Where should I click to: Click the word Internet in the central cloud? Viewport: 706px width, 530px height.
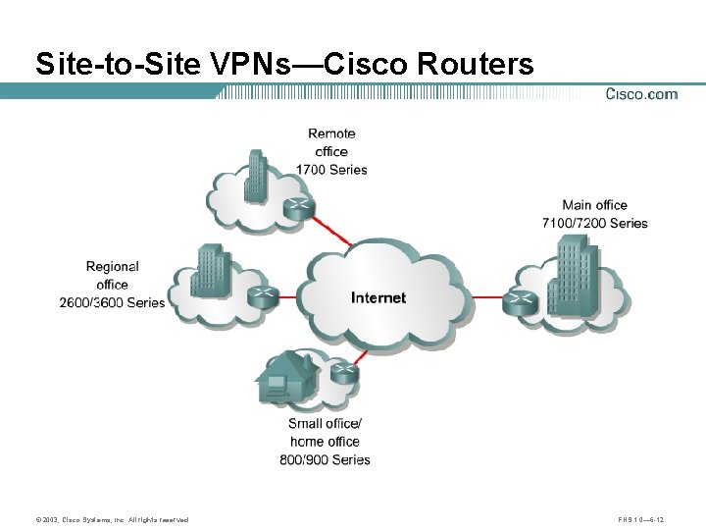[x=378, y=297]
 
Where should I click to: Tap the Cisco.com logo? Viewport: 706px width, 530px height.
[x=641, y=94]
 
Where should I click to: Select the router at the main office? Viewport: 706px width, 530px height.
[x=518, y=302]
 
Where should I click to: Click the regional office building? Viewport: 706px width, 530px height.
[x=210, y=269]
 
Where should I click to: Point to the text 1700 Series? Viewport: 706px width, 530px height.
[x=331, y=170]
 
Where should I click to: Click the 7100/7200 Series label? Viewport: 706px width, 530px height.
[x=594, y=223]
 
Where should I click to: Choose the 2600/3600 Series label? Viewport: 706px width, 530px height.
[x=113, y=302]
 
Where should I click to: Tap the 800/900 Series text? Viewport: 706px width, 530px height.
[x=325, y=459]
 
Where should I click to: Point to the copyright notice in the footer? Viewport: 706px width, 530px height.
[x=112, y=519]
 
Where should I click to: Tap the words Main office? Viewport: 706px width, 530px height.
[x=594, y=205]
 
